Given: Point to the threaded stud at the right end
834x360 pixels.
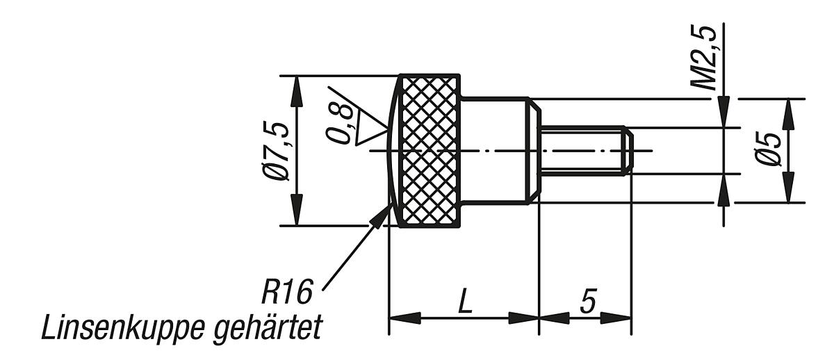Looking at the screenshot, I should tap(585, 150).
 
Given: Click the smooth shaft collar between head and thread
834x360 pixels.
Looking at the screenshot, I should tap(497, 150).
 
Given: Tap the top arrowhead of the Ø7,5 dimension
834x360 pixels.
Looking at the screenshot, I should tap(297, 87).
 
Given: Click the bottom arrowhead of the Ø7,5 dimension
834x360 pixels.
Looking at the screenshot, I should tap(297, 213).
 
